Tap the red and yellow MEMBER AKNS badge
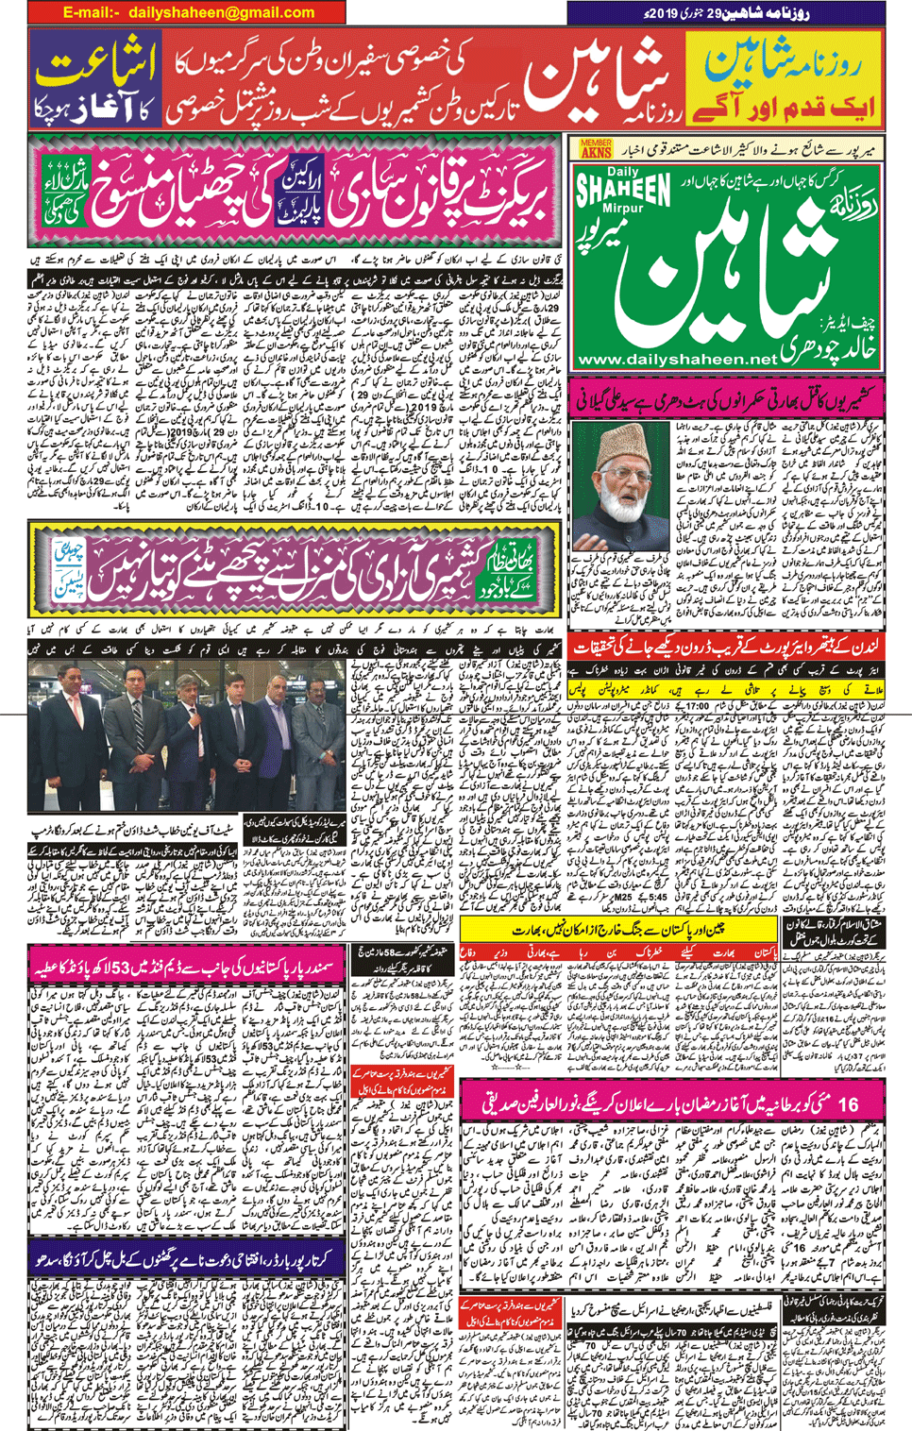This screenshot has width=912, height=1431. click(596, 148)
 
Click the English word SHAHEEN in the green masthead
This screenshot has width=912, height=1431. click(623, 191)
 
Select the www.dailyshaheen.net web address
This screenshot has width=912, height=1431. click(677, 360)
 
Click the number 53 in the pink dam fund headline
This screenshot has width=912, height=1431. click(122, 968)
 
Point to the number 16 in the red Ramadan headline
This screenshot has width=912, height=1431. click(847, 1103)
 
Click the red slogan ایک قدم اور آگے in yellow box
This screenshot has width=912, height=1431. click(785, 107)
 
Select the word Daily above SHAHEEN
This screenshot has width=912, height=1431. click(622, 173)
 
